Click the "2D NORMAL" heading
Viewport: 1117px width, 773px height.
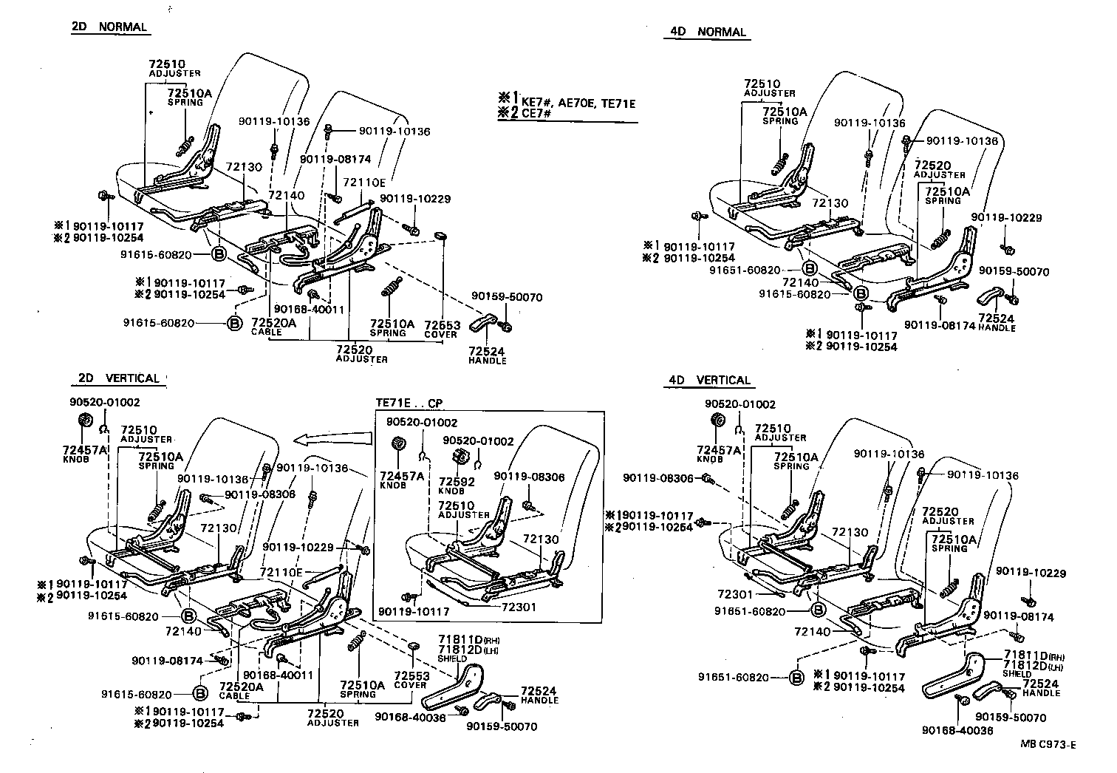tap(109, 27)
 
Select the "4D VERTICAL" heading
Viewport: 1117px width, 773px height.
tap(709, 380)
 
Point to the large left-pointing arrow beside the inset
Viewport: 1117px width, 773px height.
tap(331, 440)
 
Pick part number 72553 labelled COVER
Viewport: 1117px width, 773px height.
tap(411, 675)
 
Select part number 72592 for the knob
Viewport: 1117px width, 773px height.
tap(457, 481)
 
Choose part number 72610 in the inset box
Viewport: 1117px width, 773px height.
tap(456, 505)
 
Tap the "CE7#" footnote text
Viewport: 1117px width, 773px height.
tap(538, 113)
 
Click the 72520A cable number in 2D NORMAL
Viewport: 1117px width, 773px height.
tap(273, 323)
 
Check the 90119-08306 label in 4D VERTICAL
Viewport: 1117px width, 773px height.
tap(658, 478)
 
